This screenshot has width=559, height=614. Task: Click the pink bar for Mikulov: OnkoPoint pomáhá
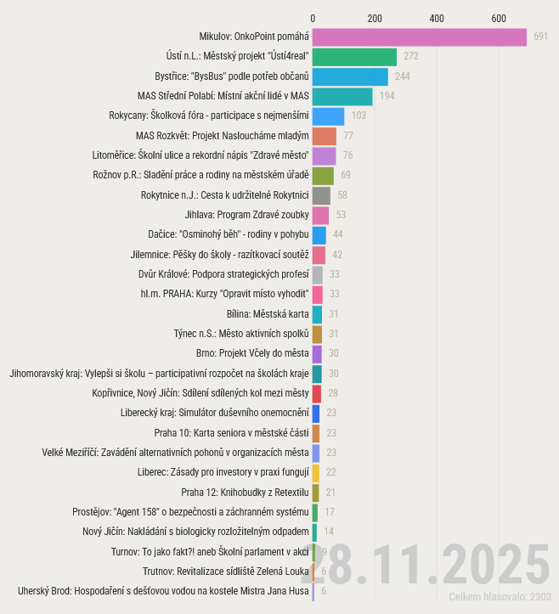pyautogui.click(x=420, y=37)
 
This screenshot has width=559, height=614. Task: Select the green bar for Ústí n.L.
pyautogui.click(x=354, y=57)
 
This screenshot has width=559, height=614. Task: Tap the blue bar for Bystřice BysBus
pyautogui.click(x=350, y=76)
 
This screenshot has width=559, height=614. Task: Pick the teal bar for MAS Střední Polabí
pyautogui.click(x=342, y=96)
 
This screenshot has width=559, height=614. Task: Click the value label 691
pyautogui.click(x=541, y=37)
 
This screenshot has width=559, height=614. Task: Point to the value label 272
pyautogui.click(x=411, y=57)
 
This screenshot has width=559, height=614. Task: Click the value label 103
pyautogui.click(x=359, y=116)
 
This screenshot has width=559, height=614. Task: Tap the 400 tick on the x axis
pyautogui.click(x=437, y=18)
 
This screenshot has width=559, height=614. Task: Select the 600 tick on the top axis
pyautogui.click(x=500, y=18)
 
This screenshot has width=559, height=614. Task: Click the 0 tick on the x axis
pyautogui.click(x=313, y=18)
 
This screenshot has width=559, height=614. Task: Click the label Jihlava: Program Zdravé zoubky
pyautogui.click(x=247, y=215)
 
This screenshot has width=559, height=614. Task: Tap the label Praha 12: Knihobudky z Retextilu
pyautogui.click(x=245, y=492)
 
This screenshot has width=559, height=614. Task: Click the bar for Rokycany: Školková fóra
pyautogui.click(x=328, y=116)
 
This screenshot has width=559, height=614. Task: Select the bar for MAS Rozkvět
pyautogui.click(x=325, y=136)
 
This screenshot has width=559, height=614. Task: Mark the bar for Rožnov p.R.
pyautogui.click(x=323, y=175)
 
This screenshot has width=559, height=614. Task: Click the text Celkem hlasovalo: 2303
pyautogui.click(x=500, y=597)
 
